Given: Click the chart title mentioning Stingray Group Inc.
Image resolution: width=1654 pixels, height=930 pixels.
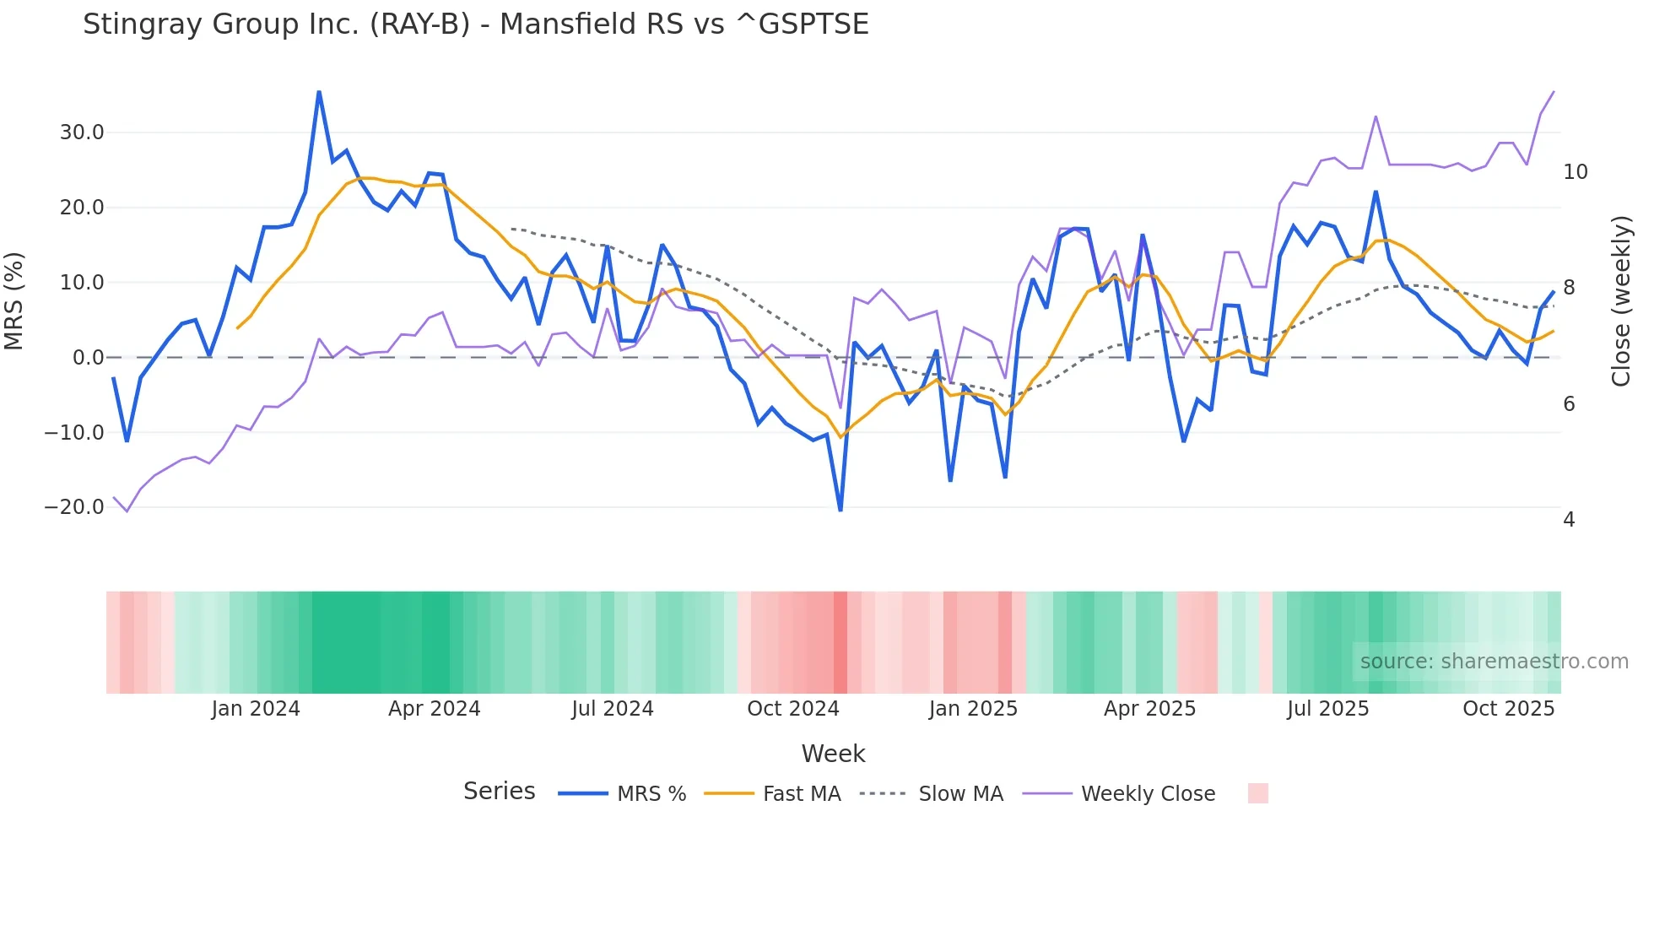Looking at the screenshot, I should point(475,24).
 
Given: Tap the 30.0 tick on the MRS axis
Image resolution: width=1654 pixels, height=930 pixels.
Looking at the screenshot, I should point(82,132).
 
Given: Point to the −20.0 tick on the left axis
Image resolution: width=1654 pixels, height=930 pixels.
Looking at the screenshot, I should point(74,507).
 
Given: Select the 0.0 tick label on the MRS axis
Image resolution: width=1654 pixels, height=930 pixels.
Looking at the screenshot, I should point(88,358).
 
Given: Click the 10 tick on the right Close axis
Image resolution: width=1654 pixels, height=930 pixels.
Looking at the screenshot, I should point(1575,172).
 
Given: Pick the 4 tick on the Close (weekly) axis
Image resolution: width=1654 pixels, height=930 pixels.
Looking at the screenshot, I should point(1569,520).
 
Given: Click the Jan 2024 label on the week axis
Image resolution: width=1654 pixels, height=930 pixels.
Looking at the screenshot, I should point(256,709).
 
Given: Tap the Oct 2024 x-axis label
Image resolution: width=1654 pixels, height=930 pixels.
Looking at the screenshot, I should point(792,709).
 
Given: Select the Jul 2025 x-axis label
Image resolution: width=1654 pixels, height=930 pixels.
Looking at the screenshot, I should point(1327,709).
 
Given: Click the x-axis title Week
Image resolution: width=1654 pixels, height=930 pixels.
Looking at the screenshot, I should point(833,754).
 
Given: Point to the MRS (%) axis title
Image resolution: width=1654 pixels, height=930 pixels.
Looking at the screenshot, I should point(14,300).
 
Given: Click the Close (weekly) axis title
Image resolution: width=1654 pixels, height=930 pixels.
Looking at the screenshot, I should point(1620,301).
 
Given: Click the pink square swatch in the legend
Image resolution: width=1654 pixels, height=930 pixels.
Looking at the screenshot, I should point(1257,793).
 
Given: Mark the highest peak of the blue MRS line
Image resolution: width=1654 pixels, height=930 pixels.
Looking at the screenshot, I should point(319,91).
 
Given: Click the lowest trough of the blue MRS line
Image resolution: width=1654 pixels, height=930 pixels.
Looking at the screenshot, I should point(841,511).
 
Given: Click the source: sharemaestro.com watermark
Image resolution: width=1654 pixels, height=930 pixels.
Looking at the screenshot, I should point(1494,662).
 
